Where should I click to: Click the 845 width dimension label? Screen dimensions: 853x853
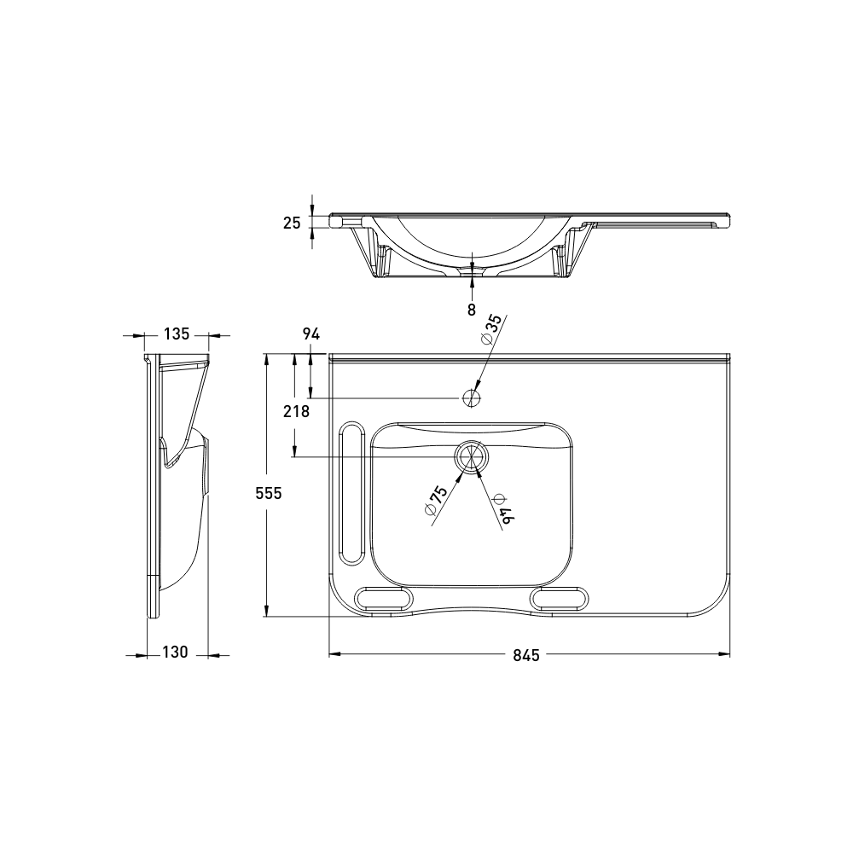pyautogui.click(x=527, y=655)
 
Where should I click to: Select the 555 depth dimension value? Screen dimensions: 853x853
pyautogui.click(x=269, y=492)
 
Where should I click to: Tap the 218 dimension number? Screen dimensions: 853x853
pyautogui.click(x=295, y=411)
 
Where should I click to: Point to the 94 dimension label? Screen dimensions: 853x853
pyautogui.click(x=310, y=335)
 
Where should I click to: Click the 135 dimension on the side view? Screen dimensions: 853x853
pyautogui.click(x=176, y=334)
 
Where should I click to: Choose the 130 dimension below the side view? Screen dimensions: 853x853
pyautogui.click(x=175, y=653)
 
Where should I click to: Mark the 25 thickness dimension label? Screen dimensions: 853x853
pyautogui.click(x=292, y=223)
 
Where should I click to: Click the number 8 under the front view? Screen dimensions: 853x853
pyautogui.click(x=472, y=310)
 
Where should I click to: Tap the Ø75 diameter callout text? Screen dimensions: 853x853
pyautogui.click(x=436, y=500)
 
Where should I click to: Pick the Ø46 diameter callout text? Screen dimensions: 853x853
pyautogui.click(x=502, y=508)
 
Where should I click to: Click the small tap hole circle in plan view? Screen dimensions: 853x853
pyautogui.click(x=471, y=397)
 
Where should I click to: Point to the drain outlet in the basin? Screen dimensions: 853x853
pyautogui.click(x=470, y=457)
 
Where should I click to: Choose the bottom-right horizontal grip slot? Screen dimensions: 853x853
pyautogui.click(x=560, y=596)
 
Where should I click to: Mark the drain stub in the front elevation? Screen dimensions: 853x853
pyautogui.click(x=472, y=270)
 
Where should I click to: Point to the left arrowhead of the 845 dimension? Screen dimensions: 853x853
pyautogui.click(x=334, y=654)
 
